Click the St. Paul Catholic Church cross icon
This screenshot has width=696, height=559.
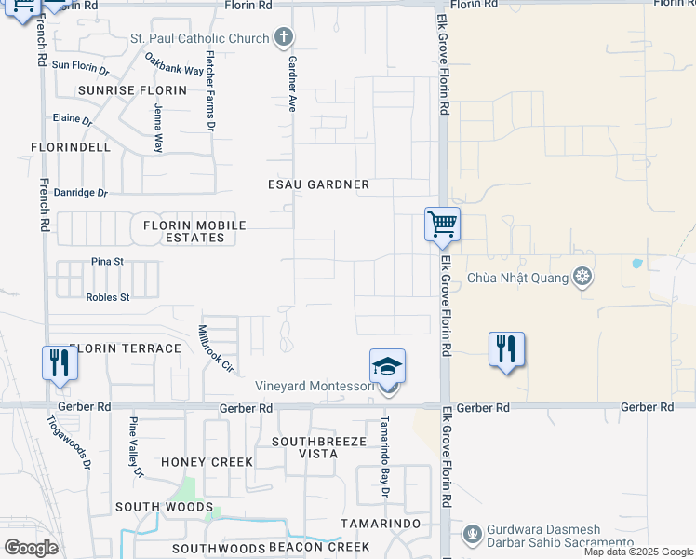point(285,38)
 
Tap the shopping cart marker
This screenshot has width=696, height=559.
point(442,225)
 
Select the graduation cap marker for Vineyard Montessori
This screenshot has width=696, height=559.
point(387,366)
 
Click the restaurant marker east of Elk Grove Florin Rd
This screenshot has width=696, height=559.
point(506,349)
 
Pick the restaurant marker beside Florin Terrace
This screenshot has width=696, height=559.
point(60,362)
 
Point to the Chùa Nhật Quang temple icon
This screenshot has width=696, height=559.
point(582,277)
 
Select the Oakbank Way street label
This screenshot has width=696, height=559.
point(174,63)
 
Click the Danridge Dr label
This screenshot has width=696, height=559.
point(82,193)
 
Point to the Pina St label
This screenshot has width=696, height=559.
point(107,262)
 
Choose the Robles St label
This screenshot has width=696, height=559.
point(108,297)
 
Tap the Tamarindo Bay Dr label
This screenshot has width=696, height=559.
point(382,449)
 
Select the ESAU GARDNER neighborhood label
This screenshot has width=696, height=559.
point(319,184)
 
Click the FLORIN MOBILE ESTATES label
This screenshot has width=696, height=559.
point(194,231)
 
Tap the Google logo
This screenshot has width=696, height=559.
point(31,547)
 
